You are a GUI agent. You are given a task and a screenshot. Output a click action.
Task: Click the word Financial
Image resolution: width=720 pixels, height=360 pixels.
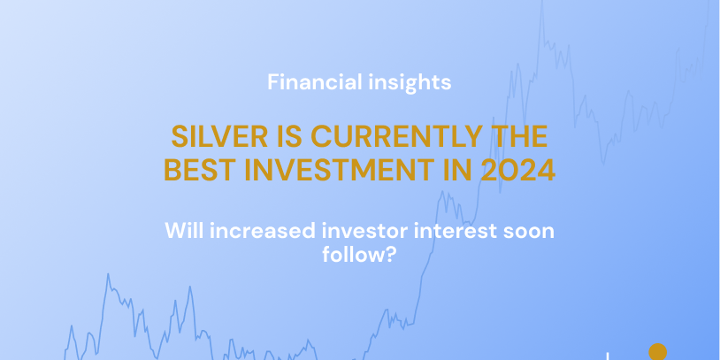(310, 82)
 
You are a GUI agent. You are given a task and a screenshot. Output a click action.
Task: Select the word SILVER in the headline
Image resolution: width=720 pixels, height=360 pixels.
(219, 136)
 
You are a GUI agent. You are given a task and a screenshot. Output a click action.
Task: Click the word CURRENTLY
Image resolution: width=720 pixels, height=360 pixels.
(397, 136)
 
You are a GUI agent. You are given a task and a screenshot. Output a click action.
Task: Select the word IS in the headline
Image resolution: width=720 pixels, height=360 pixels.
(289, 136)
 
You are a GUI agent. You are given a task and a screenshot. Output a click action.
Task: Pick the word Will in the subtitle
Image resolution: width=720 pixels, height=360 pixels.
(185, 230)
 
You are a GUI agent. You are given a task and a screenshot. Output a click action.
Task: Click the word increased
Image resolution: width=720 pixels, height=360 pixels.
(263, 230)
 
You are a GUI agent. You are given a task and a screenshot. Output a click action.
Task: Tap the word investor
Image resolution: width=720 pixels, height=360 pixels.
(365, 230)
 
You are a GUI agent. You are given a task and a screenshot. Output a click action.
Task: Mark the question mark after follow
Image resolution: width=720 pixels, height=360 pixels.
(389, 255)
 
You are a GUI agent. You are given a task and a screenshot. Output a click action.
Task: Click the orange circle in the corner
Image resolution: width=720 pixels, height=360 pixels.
(657, 352)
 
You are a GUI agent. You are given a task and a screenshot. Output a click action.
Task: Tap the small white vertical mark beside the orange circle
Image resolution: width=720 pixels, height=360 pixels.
(608, 356)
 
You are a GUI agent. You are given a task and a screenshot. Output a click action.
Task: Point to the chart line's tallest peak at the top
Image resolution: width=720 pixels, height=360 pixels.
(542, 1)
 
